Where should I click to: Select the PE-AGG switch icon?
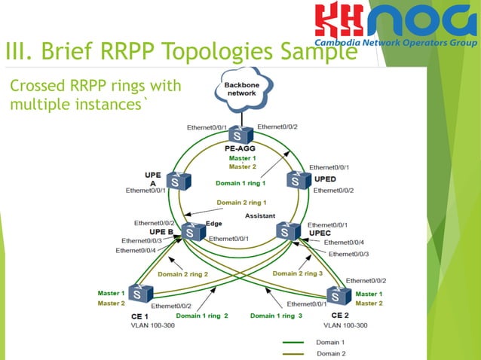(240, 135)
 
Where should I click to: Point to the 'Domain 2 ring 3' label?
(297, 273)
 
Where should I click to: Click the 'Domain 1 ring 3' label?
(276, 316)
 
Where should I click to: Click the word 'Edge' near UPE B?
(213, 223)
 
